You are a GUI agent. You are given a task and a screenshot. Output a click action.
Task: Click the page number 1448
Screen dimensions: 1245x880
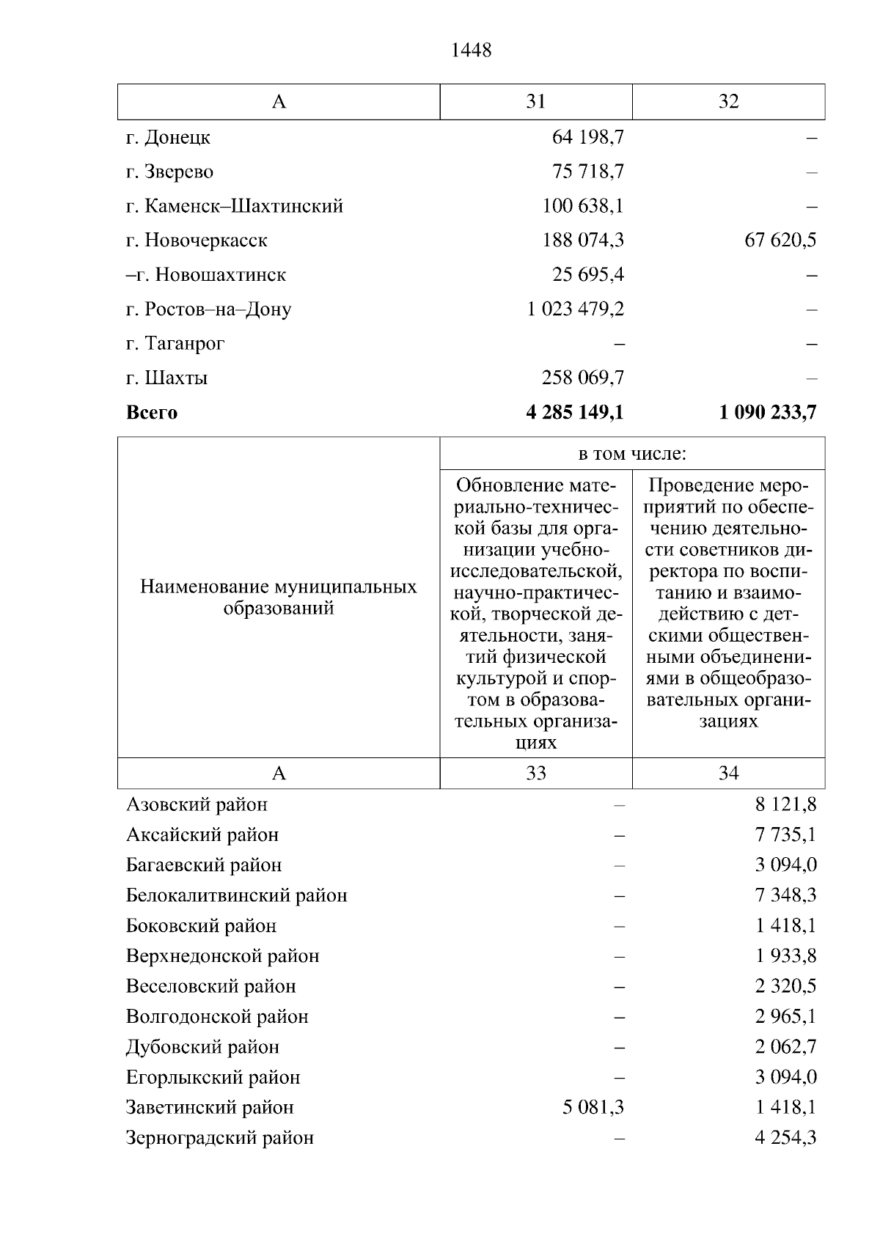472,50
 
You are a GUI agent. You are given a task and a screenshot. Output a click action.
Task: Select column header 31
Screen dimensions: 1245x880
536,101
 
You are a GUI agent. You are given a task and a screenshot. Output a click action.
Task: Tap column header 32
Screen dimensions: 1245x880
728,101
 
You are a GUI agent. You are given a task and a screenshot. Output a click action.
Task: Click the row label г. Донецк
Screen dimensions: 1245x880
168,137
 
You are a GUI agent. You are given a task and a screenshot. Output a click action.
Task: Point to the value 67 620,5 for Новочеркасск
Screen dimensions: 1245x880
780,240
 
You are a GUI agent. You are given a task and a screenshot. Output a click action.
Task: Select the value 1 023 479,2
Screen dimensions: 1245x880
575,309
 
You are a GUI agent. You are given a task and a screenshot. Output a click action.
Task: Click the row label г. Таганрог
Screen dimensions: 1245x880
175,343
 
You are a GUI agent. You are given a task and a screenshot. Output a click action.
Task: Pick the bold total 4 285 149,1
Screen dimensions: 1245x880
574,412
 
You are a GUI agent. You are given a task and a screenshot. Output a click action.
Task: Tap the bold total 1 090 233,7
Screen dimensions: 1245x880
768,412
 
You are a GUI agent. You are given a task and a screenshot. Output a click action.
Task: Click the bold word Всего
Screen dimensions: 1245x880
152,412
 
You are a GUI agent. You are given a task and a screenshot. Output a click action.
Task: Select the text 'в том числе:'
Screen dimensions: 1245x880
632,454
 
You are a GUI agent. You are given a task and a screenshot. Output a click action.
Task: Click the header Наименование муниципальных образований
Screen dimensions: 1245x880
279,598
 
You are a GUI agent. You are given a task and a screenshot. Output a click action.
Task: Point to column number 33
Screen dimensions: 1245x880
536,773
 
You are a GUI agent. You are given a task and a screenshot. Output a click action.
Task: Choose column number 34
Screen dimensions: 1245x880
728,773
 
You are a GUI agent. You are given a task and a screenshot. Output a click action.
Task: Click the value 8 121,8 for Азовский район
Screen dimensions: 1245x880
785,804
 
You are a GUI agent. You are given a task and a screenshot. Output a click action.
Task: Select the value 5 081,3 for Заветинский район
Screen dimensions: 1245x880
593,1107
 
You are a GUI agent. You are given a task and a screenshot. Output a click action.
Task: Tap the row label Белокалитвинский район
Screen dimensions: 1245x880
236,895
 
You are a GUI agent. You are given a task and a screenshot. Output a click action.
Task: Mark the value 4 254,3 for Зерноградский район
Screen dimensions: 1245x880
785,1137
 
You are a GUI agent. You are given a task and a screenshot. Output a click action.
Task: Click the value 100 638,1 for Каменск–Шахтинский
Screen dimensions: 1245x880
583,206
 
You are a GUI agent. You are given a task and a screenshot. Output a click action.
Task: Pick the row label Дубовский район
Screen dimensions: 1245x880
202,1046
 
